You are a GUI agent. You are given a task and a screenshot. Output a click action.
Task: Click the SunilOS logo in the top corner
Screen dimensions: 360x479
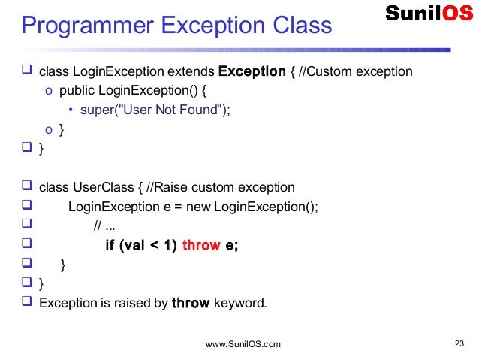click(x=429, y=13)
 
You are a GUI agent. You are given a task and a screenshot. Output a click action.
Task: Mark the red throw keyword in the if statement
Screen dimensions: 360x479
click(x=201, y=245)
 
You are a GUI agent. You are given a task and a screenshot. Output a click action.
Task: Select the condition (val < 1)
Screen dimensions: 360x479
click(x=152, y=245)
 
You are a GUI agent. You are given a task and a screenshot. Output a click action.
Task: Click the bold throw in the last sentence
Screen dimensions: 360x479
click(x=191, y=304)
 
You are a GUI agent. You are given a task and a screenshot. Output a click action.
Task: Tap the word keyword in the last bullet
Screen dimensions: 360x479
click(x=239, y=304)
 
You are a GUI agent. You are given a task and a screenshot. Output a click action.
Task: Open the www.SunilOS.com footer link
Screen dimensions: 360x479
click(x=243, y=344)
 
